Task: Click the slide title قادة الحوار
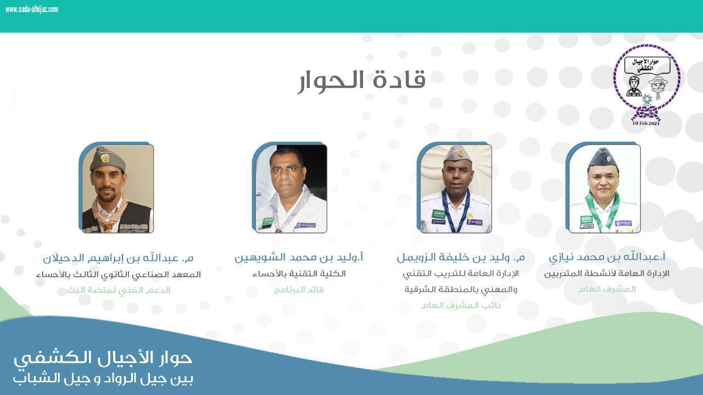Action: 362,80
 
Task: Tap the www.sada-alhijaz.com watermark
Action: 31,9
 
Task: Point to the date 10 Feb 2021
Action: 646,123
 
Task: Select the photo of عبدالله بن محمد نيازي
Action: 604,188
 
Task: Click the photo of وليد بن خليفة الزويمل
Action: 455,188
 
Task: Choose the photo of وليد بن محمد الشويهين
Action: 291,188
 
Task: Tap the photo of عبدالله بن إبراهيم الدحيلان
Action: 117,188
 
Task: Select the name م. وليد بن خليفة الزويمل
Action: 460,257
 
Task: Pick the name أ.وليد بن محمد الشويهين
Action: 299,257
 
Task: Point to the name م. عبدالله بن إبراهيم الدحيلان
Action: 118,258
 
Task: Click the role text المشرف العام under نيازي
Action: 606,289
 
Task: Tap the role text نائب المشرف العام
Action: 461,305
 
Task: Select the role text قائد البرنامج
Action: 299,290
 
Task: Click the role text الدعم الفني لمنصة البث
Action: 118,290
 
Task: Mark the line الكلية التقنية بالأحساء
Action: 299,274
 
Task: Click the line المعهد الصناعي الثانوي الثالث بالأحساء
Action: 118,274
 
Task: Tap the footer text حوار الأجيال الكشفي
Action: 103,358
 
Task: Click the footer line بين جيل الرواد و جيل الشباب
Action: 103,379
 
